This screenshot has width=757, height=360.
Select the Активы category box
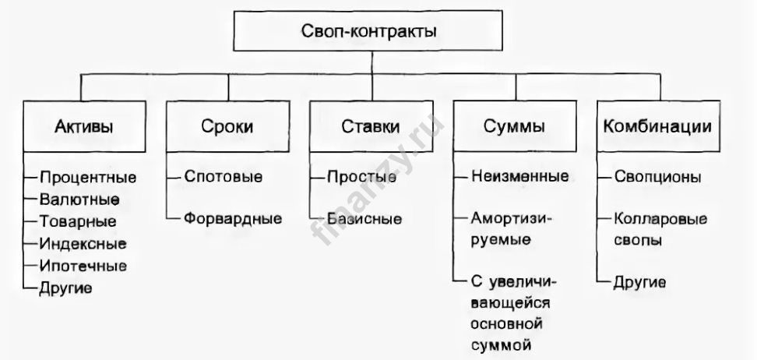[80, 126]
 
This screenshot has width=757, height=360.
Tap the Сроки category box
[227, 126]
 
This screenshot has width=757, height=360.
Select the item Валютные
[79, 199]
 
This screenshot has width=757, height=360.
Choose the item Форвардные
[232, 219]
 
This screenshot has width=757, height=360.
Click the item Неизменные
[519, 177]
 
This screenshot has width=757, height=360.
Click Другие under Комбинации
[639, 282]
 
